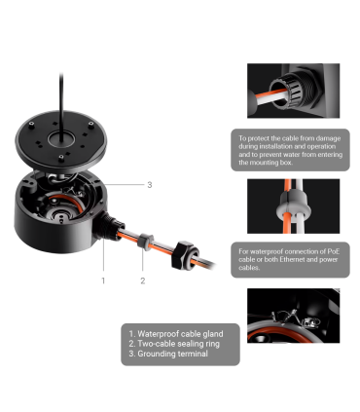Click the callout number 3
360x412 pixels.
(x=150, y=185)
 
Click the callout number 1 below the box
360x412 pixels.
(x=103, y=281)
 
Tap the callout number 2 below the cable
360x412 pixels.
(x=143, y=281)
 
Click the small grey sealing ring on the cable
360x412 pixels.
(x=145, y=242)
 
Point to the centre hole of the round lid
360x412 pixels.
(x=61, y=140)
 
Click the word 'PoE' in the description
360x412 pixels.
(x=334, y=251)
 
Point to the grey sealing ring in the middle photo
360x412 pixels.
(x=293, y=206)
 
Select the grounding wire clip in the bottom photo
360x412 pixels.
(x=309, y=321)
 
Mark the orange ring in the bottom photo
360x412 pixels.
(x=280, y=334)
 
